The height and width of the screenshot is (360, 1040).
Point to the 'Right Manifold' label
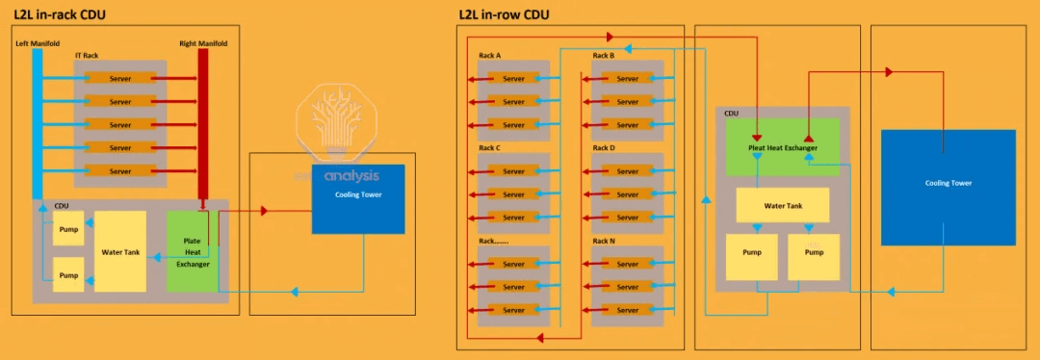click(201, 43)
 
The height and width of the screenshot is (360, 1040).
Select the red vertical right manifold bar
click(203, 125)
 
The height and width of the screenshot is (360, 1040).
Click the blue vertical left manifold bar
click(38, 125)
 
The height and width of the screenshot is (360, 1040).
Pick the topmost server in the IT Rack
click(120, 78)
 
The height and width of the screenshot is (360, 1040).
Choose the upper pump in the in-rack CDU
click(68, 229)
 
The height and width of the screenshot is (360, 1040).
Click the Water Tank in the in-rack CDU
click(120, 252)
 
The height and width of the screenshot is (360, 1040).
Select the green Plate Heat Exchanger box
click(192, 252)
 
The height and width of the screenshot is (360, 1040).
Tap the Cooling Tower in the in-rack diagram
click(357, 199)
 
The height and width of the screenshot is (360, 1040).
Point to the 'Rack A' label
click(489, 56)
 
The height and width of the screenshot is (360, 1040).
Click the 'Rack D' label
click(603, 148)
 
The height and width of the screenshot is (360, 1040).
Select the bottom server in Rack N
click(627, 310)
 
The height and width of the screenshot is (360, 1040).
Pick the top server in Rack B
click(627, 79)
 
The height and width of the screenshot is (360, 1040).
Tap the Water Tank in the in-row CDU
click(783, 205)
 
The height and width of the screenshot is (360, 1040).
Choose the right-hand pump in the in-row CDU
click(814, 257)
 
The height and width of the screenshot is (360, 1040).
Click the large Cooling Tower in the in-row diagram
click(948, 183)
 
